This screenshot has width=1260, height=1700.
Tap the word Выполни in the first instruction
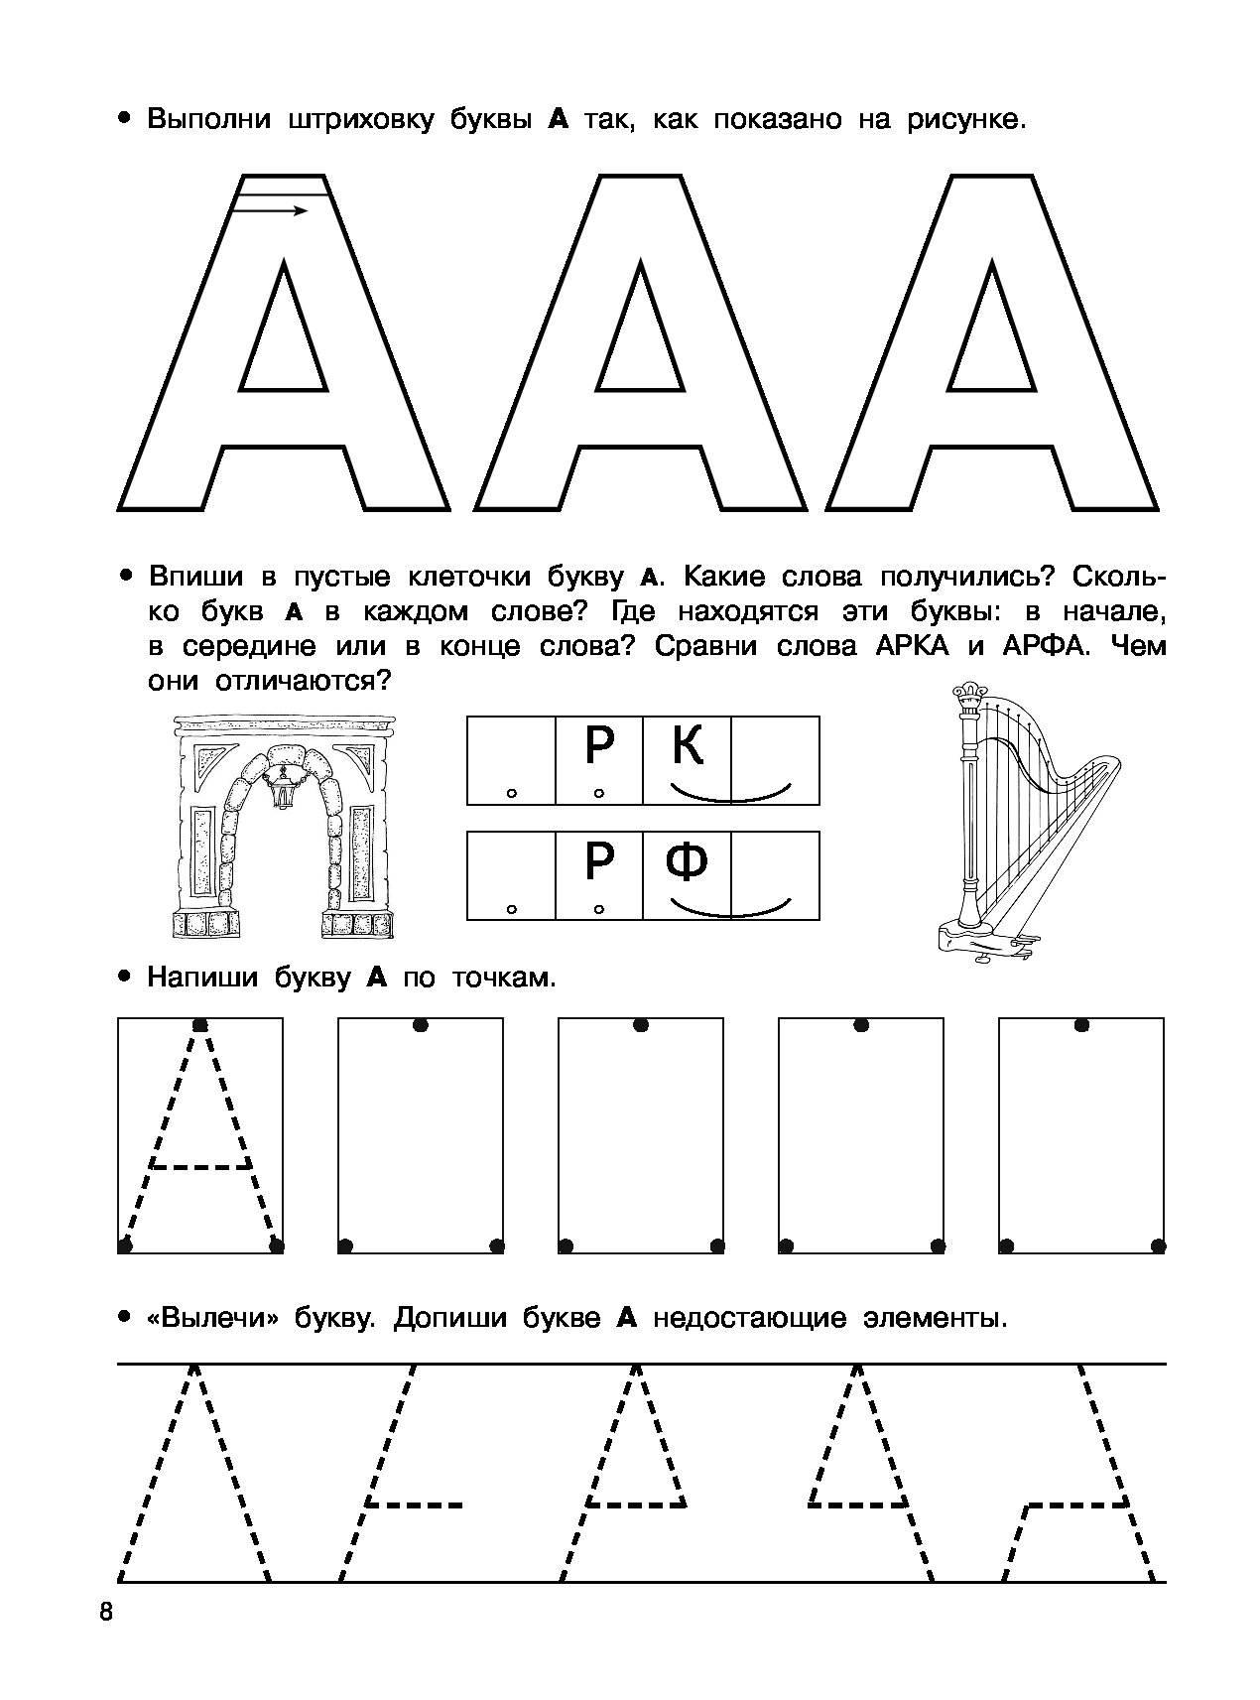(x=207, y=121)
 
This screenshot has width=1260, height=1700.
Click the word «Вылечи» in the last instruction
(x=210, y=1319)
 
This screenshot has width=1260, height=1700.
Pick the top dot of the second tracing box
(x=421, y=1024)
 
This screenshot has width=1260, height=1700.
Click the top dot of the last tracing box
(x=1081, y=1024)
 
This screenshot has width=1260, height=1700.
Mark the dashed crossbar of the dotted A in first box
(x=200, y=1165)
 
